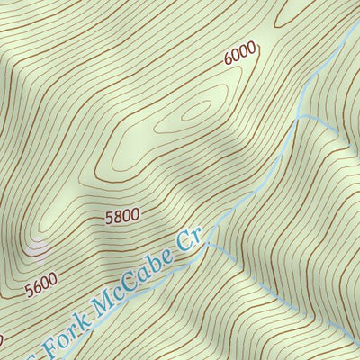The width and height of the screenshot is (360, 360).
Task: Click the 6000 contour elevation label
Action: [240, 54]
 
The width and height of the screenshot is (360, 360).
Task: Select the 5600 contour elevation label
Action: [40, 287]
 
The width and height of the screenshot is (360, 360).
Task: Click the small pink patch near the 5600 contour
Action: [39, 242]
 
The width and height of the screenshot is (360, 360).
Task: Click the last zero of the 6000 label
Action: [252, 48]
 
